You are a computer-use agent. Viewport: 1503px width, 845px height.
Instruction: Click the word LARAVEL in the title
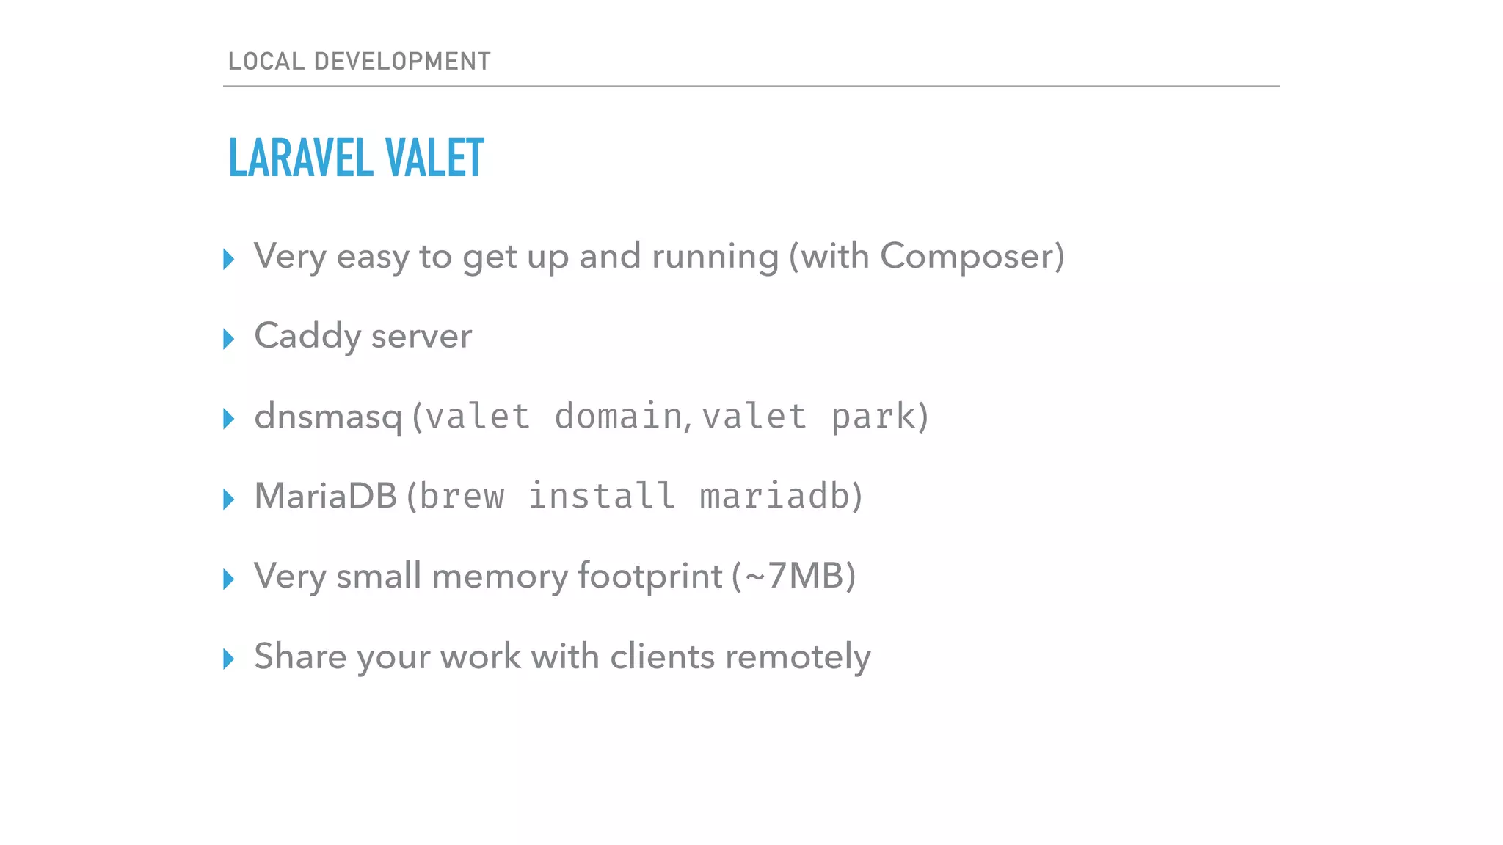click(301, 158)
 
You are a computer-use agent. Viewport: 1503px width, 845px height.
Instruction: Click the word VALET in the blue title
click(434, 158)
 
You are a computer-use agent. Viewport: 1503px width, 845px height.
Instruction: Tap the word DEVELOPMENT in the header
click(402, 62)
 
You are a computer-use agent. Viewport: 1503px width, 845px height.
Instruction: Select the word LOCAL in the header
click(266, 62)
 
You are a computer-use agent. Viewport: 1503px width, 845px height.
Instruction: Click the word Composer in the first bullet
click(967, 257)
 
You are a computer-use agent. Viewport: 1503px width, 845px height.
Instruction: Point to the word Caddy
click(307, 337)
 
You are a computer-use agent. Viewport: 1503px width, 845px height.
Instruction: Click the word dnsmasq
click(328, 417)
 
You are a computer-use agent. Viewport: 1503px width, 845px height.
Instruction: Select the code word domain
click(618, 417)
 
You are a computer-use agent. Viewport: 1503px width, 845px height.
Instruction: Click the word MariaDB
click(325, 496)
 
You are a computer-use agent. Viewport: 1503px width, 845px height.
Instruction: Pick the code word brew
click(462, 497)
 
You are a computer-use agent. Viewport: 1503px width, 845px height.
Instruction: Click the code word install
click(602, 497)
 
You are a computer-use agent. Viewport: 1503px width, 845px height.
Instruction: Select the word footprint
click(649, 577)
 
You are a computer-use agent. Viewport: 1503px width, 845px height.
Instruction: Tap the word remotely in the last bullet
click(797, 656)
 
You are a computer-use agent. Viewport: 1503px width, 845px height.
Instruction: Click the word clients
click(662, 656)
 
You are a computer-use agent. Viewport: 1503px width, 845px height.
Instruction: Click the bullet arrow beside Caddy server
click(228, 339)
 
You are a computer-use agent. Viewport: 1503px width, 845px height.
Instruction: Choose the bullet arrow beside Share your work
click(228, 659)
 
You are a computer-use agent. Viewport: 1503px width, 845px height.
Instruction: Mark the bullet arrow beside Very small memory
click(228, 579)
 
